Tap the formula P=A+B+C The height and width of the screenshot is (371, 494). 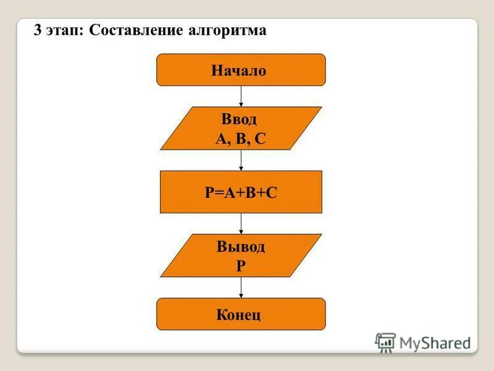coord(241,193)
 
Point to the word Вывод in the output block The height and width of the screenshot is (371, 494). coord(241,247)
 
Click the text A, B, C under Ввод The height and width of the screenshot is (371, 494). coord(240,139)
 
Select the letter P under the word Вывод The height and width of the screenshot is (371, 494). coord(241,267)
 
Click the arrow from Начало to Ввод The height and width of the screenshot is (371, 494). coord(241,96)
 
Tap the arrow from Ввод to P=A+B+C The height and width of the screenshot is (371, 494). coord(241,160)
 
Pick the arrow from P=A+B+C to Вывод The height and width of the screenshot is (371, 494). coord(241,223)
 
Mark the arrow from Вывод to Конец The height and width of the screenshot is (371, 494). coord(241,288)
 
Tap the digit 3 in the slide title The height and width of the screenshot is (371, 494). coord(38,31)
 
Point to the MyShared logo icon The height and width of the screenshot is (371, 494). coord(385,343)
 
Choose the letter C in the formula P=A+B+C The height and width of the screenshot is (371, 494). coord(272,193)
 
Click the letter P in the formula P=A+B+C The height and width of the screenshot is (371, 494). coord(209,193)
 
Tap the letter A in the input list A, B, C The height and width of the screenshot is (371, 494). coord(220,139)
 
